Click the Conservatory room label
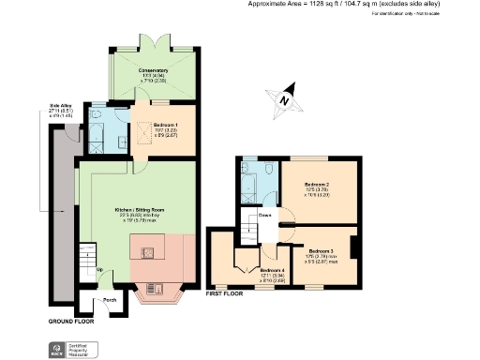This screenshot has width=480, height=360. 153,70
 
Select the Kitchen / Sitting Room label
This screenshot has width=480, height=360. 137,209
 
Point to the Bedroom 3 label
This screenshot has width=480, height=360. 322,251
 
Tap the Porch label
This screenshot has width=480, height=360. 110,300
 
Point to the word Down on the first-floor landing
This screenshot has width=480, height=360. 265,215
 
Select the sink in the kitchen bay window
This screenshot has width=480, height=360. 155,290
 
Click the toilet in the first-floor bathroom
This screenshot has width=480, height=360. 268,171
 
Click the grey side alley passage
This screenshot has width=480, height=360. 63,216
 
